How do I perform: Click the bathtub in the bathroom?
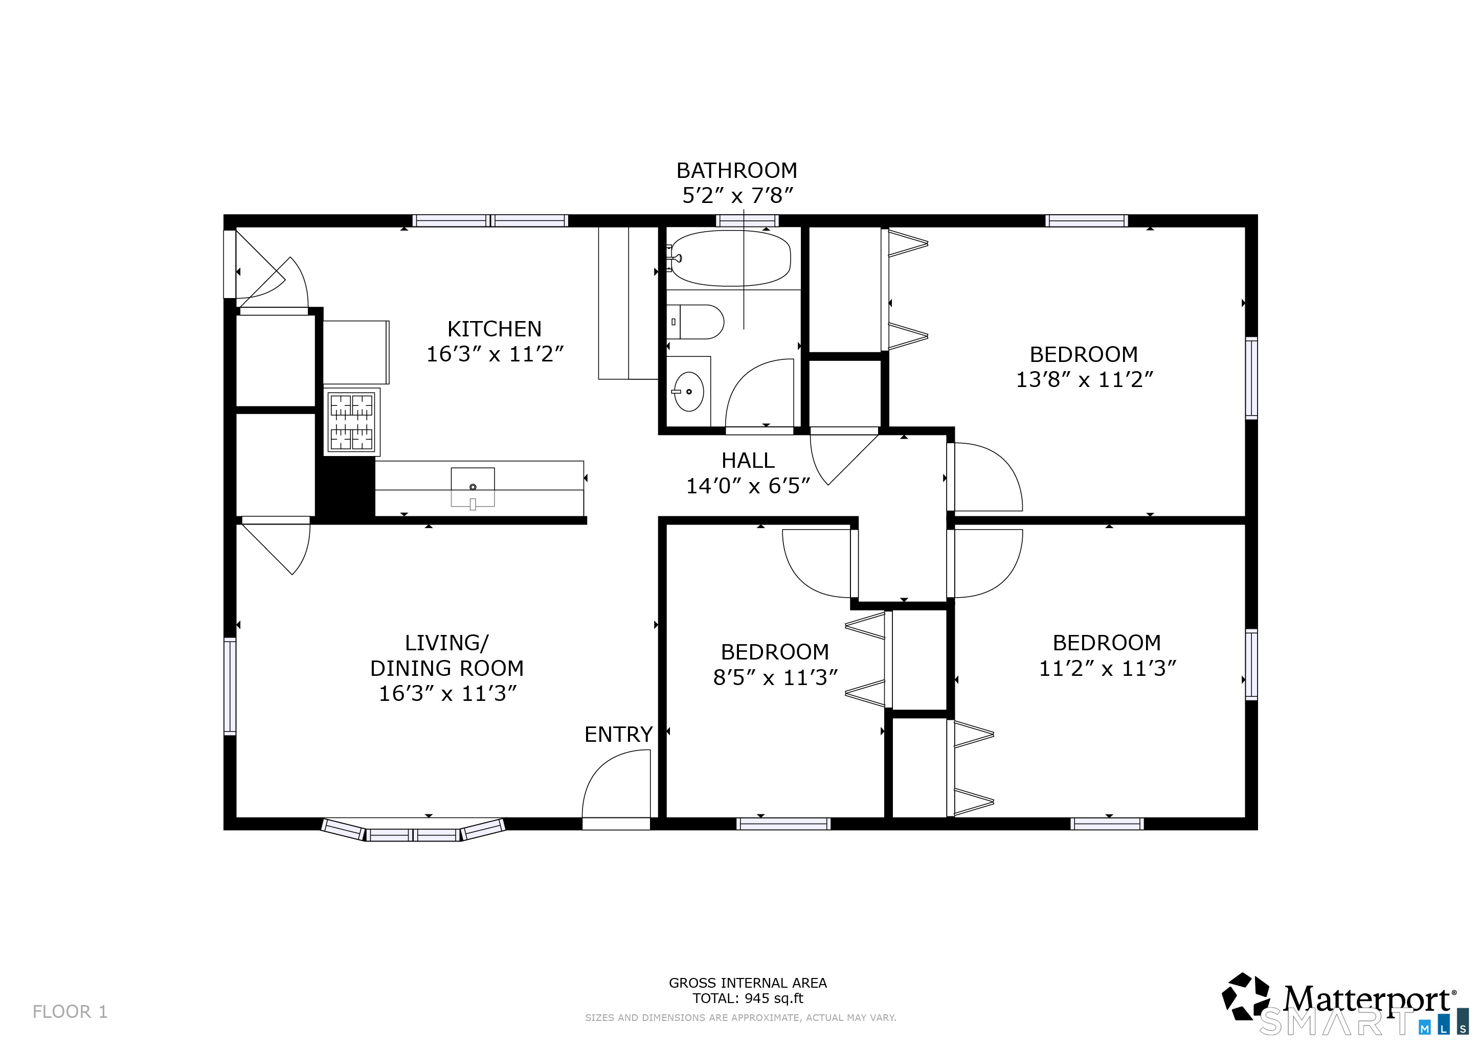click(x=730, y=259)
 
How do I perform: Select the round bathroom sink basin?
click(x=689, y=391)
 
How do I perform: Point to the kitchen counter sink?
click(x=473, y=487)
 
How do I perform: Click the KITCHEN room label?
click(x=494, y=329)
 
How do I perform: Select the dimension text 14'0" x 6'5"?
click(x=748, y=486)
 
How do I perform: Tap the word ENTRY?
click(x=618, y=734)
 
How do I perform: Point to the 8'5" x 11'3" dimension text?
click(x=775, y=677)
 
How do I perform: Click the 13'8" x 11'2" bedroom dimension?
click(x=1084, y=380)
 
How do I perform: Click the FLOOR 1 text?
click(x=70, y=1012)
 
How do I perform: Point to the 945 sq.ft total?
click(x=773, y=998)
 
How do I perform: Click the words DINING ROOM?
click(x=446, y=669)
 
